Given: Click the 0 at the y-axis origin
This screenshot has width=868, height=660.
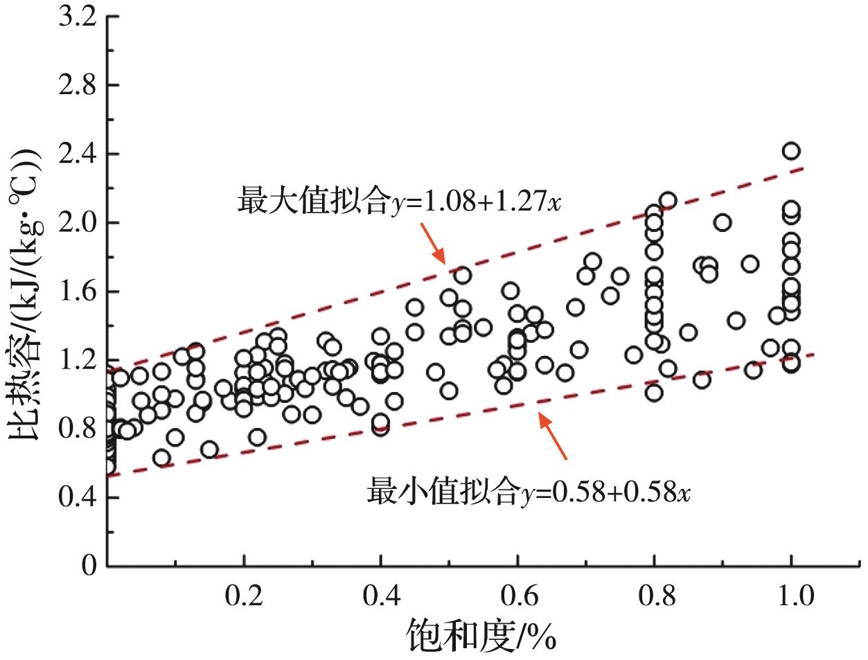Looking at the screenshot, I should point(88,566).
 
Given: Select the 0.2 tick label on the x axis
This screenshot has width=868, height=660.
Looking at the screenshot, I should point(244,595).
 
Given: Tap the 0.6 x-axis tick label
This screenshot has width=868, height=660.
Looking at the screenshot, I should point(517,595).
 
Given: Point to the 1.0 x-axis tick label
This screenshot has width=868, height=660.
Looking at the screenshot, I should point(791,595).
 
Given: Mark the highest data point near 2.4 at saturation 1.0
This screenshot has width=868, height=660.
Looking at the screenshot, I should point(791,151).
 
